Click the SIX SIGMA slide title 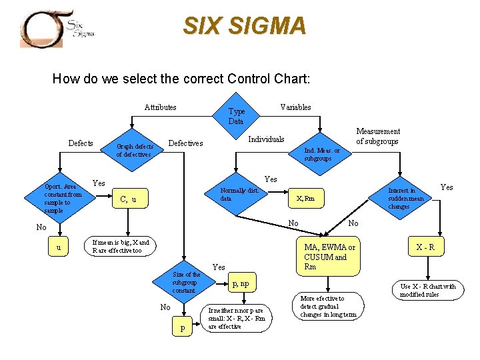pyautogui.click(x=244, y=26)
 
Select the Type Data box pyautogui.click(x=237, y=116)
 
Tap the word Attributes pyautogui.click(x=160, y=107)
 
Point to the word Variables pyautogui.click(x=295, y=107)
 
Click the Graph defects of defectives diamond pyautogui.click(x=135, y=150)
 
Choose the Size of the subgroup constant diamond pyautogui.click(x=185, y=283)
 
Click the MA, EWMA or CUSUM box pyautogui.click(x=329, y=256)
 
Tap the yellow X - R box pyautogui.click(x=425, y=247)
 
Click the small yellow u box pyautogui.click(x=59, y=247)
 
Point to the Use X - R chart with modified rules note pyautogui.click(x=427, y=290)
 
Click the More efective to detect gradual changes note pyautogui.click(x=328, y=307)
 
